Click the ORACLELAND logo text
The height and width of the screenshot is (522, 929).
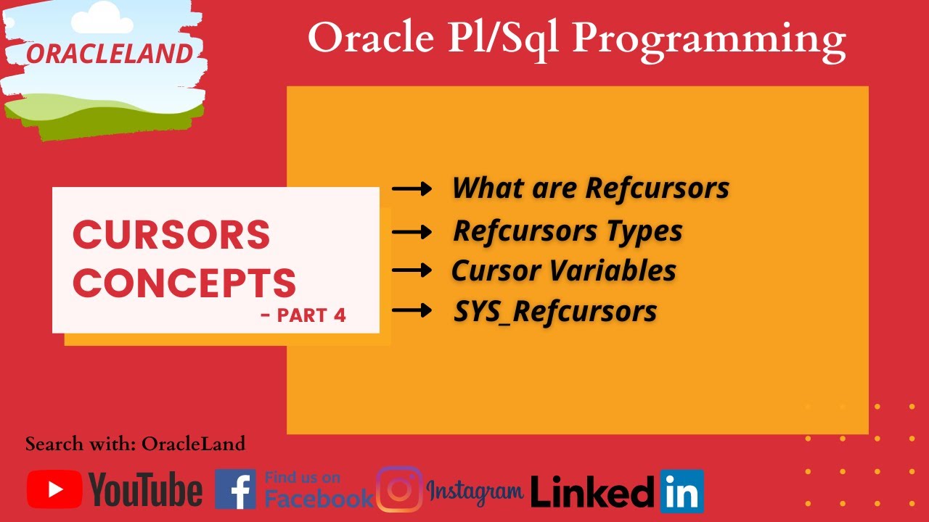point(110,53)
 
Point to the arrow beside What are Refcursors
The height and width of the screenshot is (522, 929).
point(412,189)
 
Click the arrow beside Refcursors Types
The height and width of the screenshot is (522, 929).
point(412,232)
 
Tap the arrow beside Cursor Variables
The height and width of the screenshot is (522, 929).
point(412,270)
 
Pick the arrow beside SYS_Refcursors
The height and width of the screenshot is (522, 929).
point(412,311)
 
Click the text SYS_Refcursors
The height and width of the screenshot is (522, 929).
point(555,312)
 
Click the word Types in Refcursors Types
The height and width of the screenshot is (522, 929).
point(646,232)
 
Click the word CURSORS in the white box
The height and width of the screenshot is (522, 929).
point(171,235)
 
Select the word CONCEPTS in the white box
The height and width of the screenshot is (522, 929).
point(184,283)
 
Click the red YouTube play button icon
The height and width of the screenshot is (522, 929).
point(54,489)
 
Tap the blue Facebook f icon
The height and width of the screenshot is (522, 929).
point(235,489)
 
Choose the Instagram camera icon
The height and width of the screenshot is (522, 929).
point(399,489)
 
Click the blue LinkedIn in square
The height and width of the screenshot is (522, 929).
point(682,492)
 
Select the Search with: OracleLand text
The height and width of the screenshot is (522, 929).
point(135,444)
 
